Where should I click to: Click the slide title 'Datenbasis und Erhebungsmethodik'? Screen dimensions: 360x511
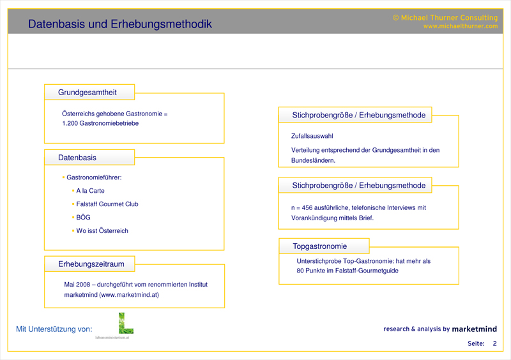120,24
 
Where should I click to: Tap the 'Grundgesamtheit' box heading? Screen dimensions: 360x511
88,93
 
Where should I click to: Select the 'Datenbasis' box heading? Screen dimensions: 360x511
77,158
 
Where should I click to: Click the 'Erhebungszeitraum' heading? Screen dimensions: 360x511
91,264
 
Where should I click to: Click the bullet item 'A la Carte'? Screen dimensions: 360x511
90,191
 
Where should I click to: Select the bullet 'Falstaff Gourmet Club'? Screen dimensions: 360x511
107,204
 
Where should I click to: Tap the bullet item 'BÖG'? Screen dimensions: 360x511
83,218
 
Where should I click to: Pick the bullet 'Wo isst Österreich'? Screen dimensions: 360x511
102,231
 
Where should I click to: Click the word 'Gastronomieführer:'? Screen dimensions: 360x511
94,177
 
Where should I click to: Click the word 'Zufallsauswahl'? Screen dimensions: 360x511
312,136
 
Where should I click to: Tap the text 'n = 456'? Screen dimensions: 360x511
303,207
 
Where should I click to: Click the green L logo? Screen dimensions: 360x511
125,323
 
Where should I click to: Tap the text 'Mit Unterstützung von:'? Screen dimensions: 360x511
54,329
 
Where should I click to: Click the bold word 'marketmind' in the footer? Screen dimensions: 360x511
474,329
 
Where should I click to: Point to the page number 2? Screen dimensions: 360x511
494,344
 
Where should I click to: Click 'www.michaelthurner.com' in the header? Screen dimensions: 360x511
460,26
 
